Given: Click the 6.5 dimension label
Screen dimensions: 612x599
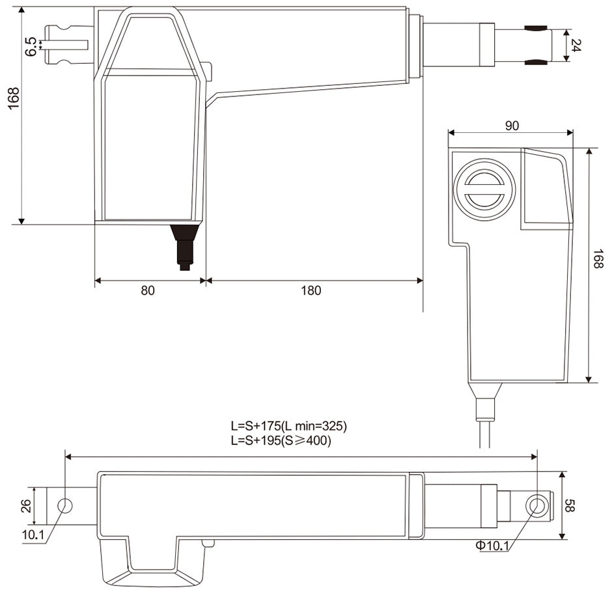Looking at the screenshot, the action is pyautogui.click(x=31, y=46).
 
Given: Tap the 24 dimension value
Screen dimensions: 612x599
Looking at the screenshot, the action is pyautogui.click(x=576, y=46).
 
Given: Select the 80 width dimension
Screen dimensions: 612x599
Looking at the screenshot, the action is pyautogui.click(x=148, y=291).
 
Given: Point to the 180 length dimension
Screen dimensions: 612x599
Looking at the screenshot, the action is pyautogui.click(x=311, y=291).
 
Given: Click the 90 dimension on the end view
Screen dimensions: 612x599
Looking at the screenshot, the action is pyautogui.click(x=512, y=126).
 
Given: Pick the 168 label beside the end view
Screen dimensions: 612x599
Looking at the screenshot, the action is pyautogui.click(x=598, y=258).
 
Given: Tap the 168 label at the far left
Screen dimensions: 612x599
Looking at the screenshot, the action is pyautogui.click(x=14, y=98).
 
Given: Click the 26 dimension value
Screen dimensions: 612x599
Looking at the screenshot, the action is pyautogui.click(x=26, y=506).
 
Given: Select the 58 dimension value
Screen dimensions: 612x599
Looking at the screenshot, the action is pyautogui.click(x=570, y=506).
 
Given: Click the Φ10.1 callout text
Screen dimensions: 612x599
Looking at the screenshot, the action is pyautogui.click(x=492, y=546).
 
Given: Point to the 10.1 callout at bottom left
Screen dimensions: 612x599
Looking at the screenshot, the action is pyautogui.click(x=33, y=535).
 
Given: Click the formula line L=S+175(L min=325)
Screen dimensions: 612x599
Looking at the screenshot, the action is pyautogui.click(x=288, y=426).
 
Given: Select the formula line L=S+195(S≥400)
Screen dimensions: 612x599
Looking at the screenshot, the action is pyautogui.click(x=281, y=441).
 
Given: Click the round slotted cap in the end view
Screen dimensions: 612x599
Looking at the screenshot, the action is pyautogui.click(x=484, y=189).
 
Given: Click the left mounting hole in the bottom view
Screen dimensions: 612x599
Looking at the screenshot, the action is pyautogui.click(x=65, y=506).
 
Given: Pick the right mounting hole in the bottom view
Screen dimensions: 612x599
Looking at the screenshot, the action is pyautogui.click(x=536, y=506).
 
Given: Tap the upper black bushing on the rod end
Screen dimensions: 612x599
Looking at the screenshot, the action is pyautogui.click(x=536, y=29).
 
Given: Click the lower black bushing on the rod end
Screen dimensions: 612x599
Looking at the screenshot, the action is pyautogui.click(x=536, y=62).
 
